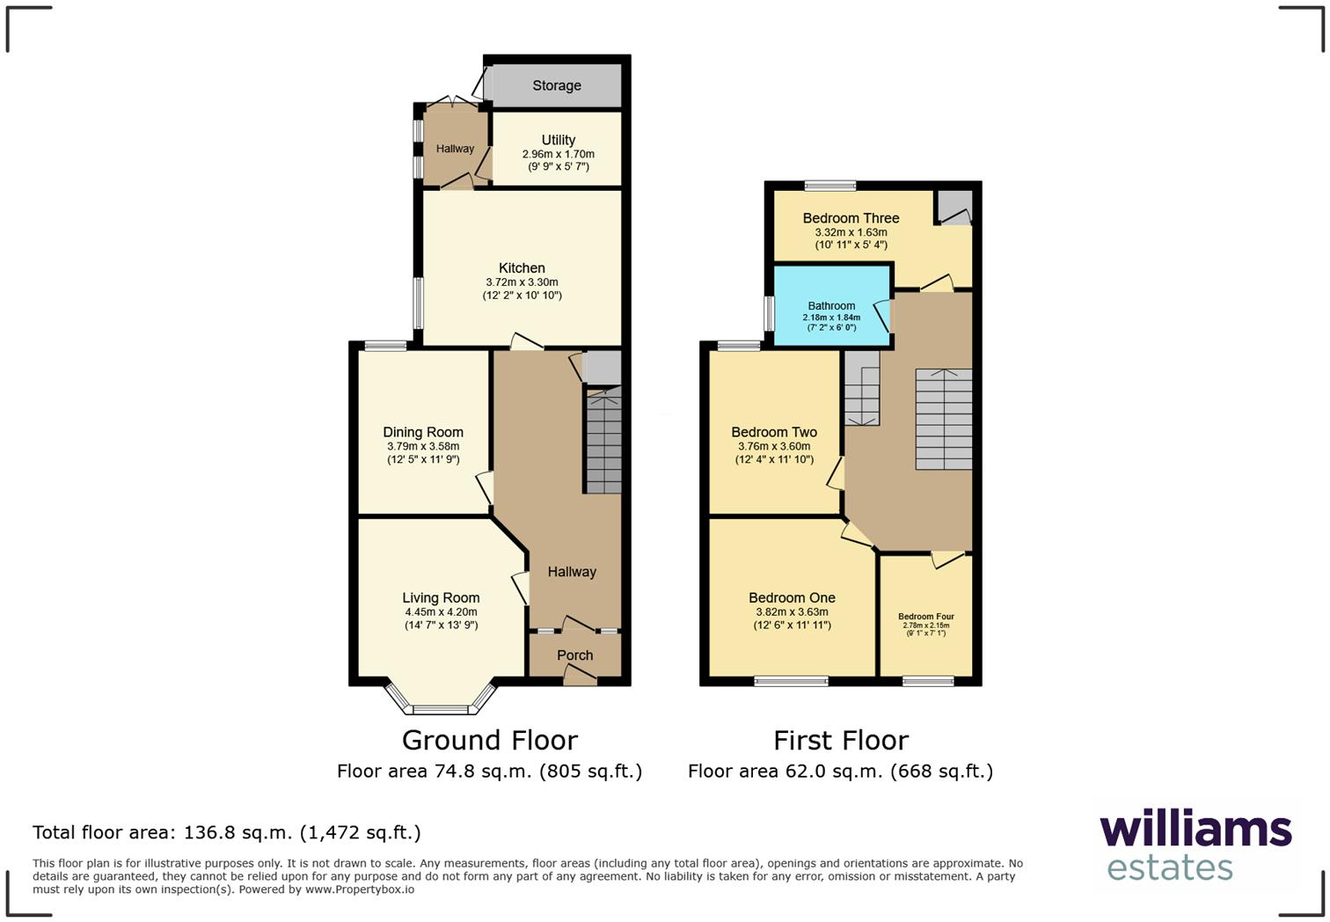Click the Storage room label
tap(556, 85)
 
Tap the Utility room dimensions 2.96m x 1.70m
tap(558, 154)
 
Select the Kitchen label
tap(522, 267)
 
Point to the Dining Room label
tap(422, 432)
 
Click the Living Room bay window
tap(441, 707)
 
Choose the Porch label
tap(574, 655)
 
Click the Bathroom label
tap(831, 306)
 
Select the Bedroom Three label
tap(851, 218)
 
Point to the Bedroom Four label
tap(925, 617)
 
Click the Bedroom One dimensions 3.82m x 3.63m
tap(792, 612)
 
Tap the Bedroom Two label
tap(774, 432)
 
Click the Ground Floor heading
tap(490, 740)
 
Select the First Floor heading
tap(840, 740)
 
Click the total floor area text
tap(227, 832)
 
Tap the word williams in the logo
tap(1195, 830)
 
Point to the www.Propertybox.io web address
tap(360, 889)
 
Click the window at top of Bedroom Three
tap(829, 186)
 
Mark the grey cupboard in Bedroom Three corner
tap(954, 207)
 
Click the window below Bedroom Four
tap(928, 680)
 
